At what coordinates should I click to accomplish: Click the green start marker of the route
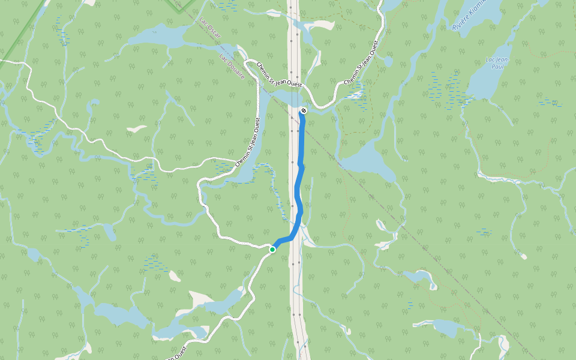pyautogui.click(x=272, y=249)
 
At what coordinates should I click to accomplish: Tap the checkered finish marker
pyautogui.click(x=304, y=110)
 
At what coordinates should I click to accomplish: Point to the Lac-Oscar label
pyautogui.click(x=212, y=31)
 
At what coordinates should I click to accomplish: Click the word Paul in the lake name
pyautogui.click(x=496, y=66)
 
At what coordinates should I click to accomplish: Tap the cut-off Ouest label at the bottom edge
pyautogui.click(x=178, y=354)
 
